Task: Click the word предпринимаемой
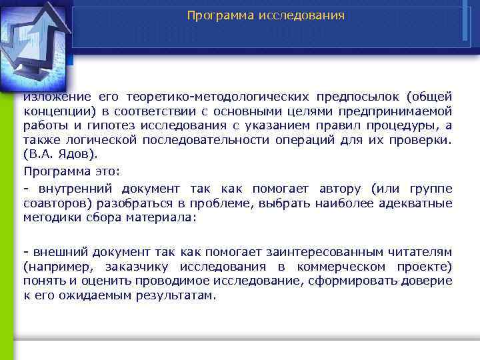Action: [395, 112]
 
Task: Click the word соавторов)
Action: [57, 203]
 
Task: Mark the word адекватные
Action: [417, 203]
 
